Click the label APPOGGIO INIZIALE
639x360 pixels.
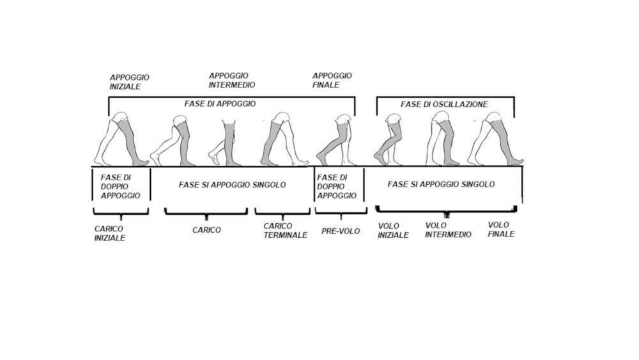[x=129, y=82]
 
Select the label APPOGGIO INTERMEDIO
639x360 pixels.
[x=232, y=80]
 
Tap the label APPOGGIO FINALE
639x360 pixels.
[x=332, y=80]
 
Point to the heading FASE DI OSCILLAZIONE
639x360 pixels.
[x=444, y=104]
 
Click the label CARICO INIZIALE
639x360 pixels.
[x=109, y=233]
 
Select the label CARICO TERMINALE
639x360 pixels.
[x=285, y=230]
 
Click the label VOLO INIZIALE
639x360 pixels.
[x=393, y=230]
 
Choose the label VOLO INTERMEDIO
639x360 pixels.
[x=448, y=230]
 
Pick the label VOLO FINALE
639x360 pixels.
[x=501, y=229]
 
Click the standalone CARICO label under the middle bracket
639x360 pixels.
[x=206, y=230]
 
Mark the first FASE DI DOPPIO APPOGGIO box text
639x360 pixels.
[x=119, y=186]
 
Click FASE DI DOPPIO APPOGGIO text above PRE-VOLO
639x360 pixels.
[x=336, y=186]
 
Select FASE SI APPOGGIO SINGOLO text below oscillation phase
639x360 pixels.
[x=441, y=184]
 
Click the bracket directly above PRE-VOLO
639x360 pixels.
[x=341, y=212]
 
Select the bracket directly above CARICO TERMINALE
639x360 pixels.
[x=282, y=212]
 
